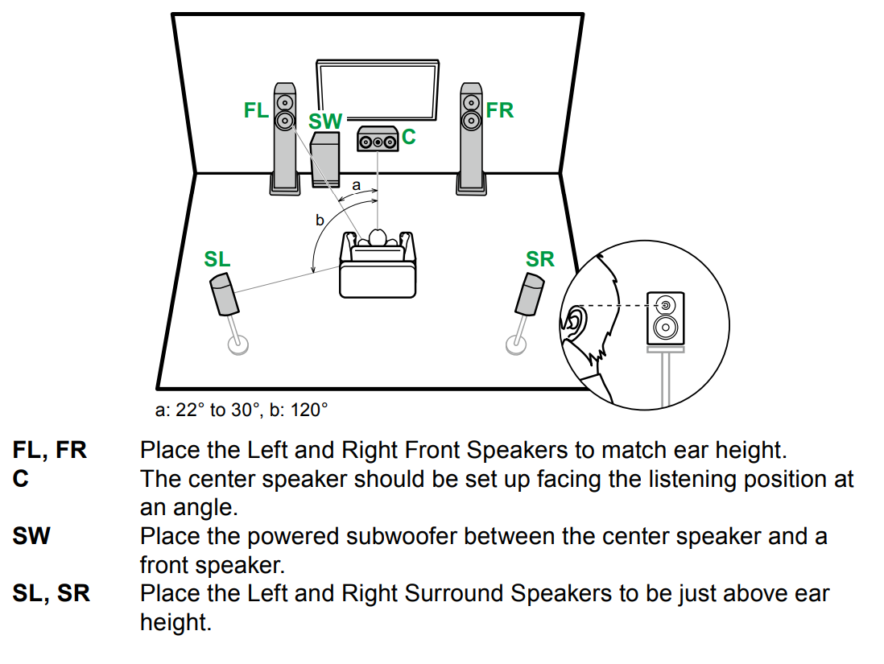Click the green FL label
pyautogui.click(x=256, y=110)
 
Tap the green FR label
pyautogui.click(x=499, y=110)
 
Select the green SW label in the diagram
pyautogui.click(x=325, y=122)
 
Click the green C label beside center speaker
pyautogui.click(x=409, y=137)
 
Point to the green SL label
pyautogui.click(x=217, y=259)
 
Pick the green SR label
pyautogui.click(x=539, y=259)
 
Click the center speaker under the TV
pyautogui.click(x=378, y=140)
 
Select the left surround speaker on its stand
pyautogui.click(x=224, y=295)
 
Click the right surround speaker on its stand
pyautogui.click(x=529, y=295)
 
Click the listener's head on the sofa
pyautogui.click(x=378, y=237)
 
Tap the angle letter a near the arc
pyautogui.click(x=355, y=185)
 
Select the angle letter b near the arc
pyautogui.click(x=320, y=219)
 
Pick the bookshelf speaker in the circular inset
pyautogui.click(x=666, y=318)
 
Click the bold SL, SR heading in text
pyautogui.click(x=52, y=594)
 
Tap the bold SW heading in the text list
pyautogui.click(x=31, y=536)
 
